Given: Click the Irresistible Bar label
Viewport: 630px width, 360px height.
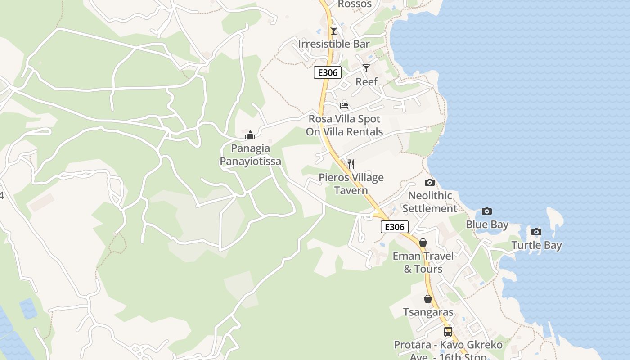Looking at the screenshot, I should click(333, 44).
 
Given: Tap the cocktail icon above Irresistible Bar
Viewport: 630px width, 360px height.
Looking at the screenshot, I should click(333, 31).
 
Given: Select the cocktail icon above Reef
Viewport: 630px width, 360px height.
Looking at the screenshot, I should click(366, 68).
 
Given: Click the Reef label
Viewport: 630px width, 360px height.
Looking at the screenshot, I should click(366, 82).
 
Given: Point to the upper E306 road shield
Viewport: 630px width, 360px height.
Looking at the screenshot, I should click(328, 72).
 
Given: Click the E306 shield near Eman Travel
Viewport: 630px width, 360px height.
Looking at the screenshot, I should click(395, 227).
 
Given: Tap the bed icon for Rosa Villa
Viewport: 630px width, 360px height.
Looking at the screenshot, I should click(344, 106).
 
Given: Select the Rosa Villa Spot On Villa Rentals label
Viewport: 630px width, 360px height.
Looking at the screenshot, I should click(344, 126).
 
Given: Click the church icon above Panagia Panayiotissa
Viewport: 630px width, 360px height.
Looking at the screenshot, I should click(250, 135).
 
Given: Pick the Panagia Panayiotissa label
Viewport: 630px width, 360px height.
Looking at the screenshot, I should click(250, 155).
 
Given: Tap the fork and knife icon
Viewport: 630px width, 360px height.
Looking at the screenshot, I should click(351, 164).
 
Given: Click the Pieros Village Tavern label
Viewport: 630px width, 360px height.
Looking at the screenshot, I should click(351, 184).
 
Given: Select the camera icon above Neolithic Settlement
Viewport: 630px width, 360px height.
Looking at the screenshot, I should click(430, 182).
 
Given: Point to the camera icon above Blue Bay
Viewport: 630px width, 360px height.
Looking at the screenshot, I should click(486, 211).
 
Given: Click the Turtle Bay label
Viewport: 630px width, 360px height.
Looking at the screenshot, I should click(536, 245).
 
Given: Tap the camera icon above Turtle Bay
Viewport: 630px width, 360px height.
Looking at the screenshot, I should click(536, 232).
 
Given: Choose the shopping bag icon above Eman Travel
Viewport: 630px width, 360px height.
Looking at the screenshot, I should click(423, 243).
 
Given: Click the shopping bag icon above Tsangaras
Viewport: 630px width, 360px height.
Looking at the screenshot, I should click(428, 299).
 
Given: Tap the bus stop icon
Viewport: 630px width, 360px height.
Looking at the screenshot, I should click(448, 332).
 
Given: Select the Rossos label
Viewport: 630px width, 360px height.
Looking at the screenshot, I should click(355, 4).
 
